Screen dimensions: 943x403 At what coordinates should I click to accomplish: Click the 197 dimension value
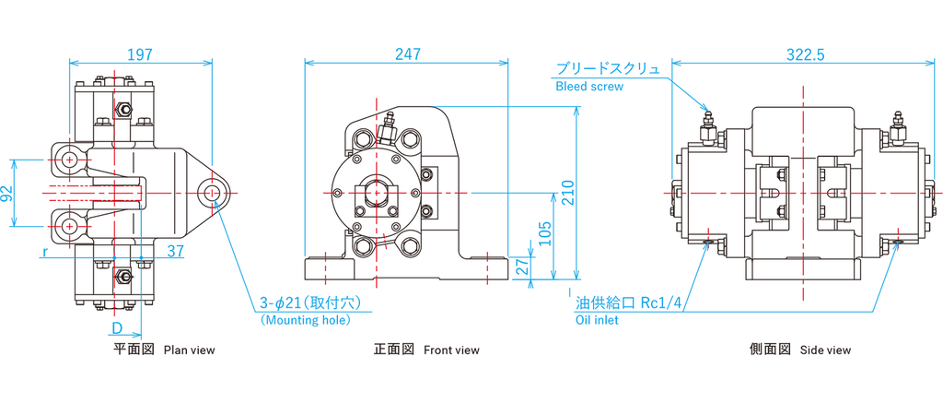(x=140, y=54)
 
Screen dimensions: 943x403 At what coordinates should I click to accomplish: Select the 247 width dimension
(x=405, y=54)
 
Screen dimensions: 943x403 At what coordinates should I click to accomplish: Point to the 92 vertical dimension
(x=7, y=193)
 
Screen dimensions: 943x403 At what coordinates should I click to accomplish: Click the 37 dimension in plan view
(x=175, y=249)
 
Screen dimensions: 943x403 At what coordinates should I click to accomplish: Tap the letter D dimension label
(x=117, y=328)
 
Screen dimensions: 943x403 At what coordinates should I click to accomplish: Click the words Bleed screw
(x=589, y=89)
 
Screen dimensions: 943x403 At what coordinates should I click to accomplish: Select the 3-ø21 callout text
(x=282, y=303)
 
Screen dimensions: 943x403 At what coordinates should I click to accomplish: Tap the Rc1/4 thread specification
(x=658, y=303)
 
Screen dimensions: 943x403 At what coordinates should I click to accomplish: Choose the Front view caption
(x=451, y=350)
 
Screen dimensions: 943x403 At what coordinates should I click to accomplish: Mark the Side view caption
(x=825, y=350)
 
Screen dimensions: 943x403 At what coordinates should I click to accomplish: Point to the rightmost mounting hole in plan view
(x=214, y=193)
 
